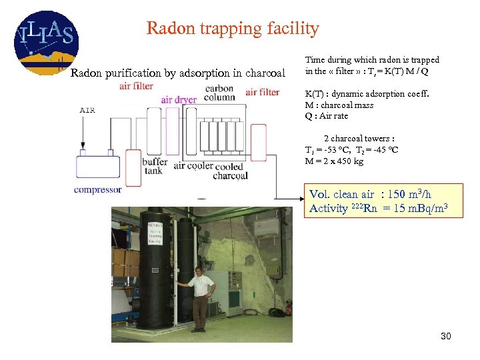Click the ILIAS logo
tap(45, 41)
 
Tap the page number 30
tap(445, 336)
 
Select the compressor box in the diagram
tap(97, 167)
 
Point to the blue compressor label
tap(97, 189)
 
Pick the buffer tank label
tap(155, 165)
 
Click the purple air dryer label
tap(179, 100)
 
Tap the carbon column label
tap(219, 93)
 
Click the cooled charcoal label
tap(230, 171)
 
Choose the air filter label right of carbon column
tap(262, 92)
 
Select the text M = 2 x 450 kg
tap(334, 161)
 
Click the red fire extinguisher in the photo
tap(289, 307)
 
